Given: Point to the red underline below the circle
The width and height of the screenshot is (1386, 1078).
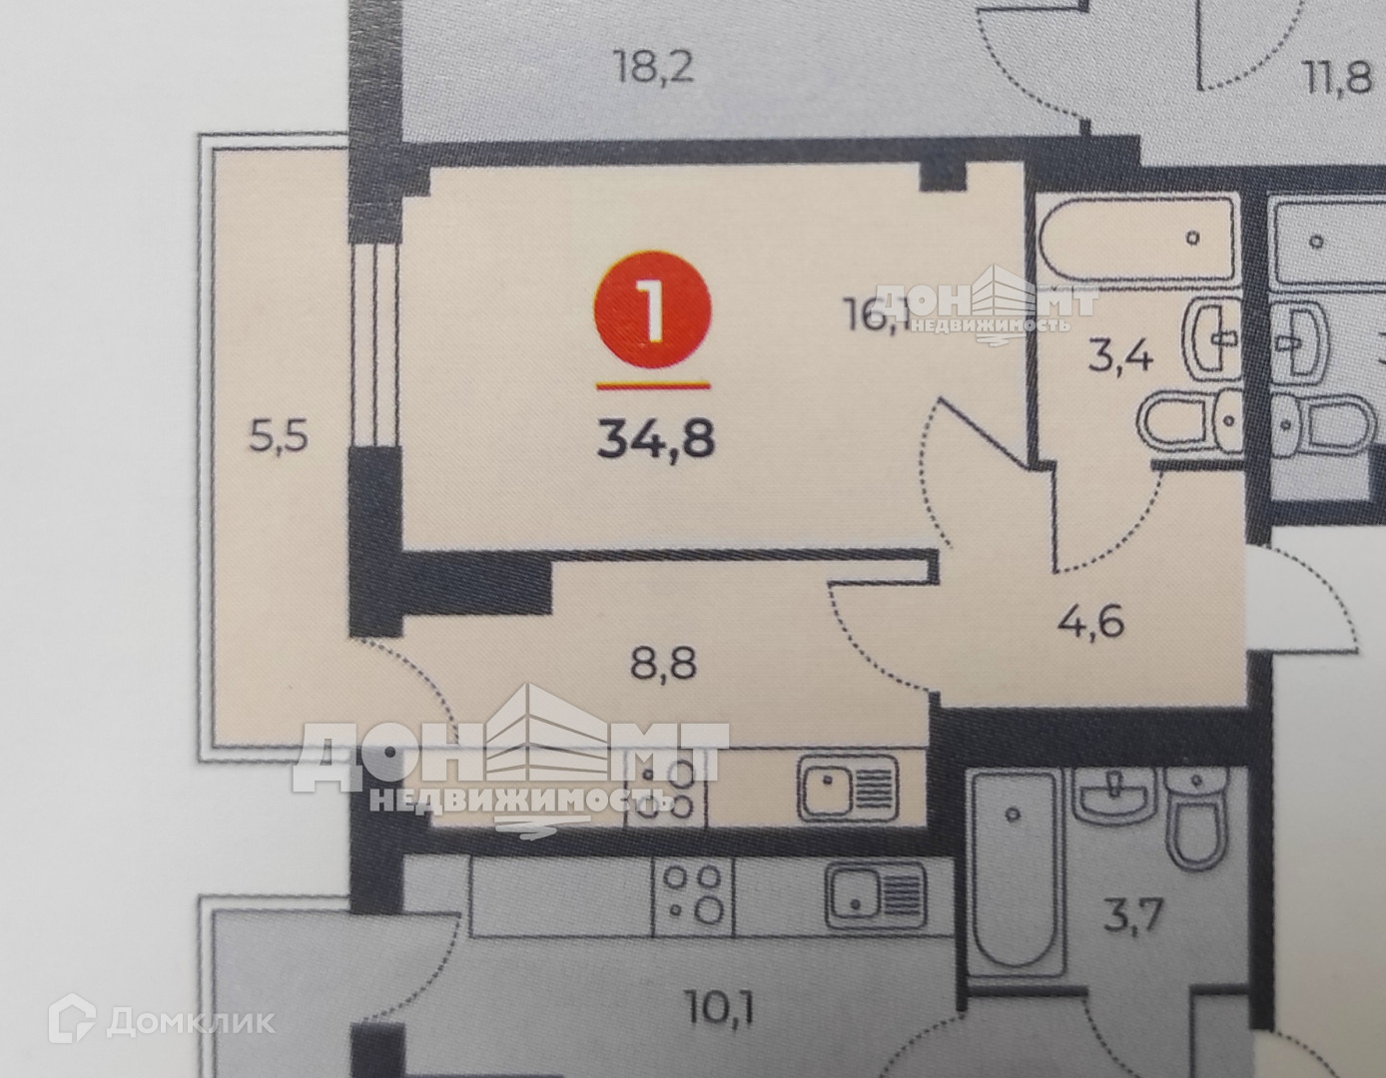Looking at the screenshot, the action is [653, 383].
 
